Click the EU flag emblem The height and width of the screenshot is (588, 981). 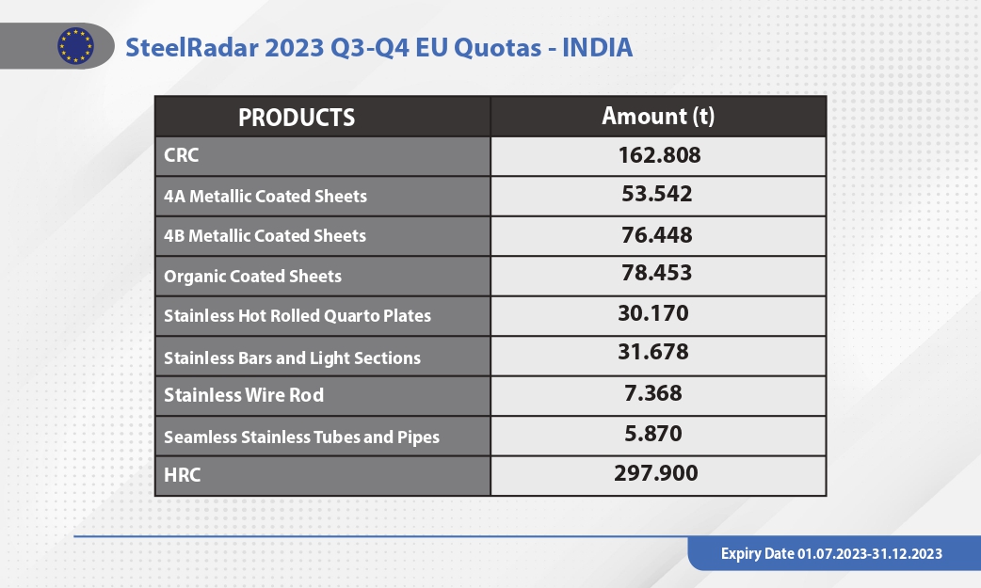coord(75,46)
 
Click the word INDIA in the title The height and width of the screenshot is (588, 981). coord(598,48)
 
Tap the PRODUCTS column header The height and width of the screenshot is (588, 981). coord(297,118)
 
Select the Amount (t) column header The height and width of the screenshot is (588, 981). coord(658,117)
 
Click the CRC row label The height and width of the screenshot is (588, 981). coord(182,155)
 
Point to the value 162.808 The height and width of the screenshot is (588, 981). coord(659,155)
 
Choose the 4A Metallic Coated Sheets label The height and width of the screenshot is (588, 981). coord(265,197)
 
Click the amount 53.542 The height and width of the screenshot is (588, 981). coord(657,194)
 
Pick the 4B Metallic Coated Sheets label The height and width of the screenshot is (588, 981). coord(265,236)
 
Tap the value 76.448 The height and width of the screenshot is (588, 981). coord(657,235)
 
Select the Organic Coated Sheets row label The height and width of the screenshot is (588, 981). coord(252,277)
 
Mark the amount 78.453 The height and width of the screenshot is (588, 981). coord(657,273)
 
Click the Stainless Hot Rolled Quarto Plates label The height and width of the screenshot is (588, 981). coord(298,316)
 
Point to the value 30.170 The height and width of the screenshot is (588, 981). coord(653,313)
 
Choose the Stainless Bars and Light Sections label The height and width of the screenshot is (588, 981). coord(292,358)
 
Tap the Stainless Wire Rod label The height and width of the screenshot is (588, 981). coord(244,395)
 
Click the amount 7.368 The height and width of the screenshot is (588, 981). coord(653,393)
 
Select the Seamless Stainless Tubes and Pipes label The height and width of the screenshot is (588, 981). coord(301,437)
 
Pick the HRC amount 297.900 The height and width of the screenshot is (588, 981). coord(655,473)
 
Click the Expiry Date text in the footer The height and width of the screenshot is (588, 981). coord(831,553)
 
